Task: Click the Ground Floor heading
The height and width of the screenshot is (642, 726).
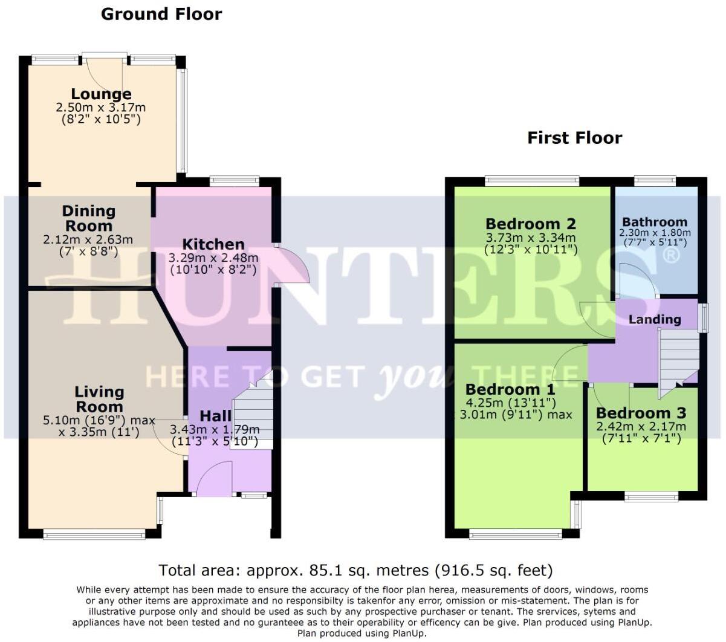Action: coord(161,14)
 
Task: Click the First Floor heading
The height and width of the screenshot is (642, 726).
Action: coord(574,138)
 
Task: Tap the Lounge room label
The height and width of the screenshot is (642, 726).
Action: coord(101,94)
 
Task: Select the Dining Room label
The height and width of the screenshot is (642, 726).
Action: coord(88,218)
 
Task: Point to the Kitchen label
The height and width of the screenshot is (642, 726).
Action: coord(213,244)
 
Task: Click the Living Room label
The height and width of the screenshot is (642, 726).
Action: coord(99,399)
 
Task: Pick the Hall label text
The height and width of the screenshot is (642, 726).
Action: coord(215,416)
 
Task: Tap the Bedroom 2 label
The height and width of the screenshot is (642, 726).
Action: coord(530,224)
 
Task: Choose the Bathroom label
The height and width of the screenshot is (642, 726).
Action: coord(654,222)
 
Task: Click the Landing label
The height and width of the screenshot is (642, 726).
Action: coord(654,319)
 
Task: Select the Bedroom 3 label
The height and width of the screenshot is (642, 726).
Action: coord(641,413)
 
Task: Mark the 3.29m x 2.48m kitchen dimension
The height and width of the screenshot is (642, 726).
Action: coord(213,258)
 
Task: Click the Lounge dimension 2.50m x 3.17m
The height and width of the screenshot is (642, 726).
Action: coord(101,108)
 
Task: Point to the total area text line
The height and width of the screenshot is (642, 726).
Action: coord(355,570)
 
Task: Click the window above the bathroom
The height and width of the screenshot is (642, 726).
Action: coord(655,180)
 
